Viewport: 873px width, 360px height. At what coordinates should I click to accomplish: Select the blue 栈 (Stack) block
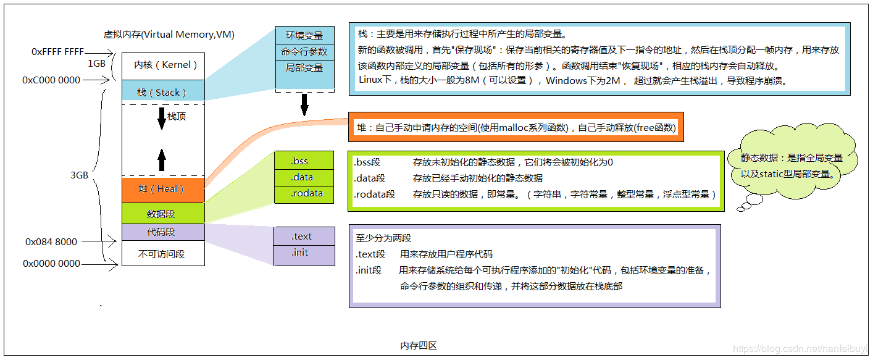pos(163,92)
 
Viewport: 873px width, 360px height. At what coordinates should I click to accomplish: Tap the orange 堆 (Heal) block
pos(163,189)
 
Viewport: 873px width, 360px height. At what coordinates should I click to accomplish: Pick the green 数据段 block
pos(163,213)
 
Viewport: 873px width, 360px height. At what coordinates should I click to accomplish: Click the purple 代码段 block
pos(163,232)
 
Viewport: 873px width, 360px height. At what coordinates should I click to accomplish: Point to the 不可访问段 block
pos(163,253)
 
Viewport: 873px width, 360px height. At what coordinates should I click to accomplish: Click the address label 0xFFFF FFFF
pos(57,52)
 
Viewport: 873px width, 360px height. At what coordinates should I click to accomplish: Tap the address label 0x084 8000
pos(51,241)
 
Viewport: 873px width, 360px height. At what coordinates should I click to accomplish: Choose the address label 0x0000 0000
pos(52,264)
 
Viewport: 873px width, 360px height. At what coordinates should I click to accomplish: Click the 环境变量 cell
pos(304,36)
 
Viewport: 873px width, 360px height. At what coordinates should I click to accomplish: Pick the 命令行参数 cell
pos(304,52)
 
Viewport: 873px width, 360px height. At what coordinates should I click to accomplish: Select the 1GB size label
pos(96,63)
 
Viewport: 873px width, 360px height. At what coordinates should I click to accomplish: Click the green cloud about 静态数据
pos(792,165)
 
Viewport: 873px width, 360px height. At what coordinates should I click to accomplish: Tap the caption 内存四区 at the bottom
pos(419,346)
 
